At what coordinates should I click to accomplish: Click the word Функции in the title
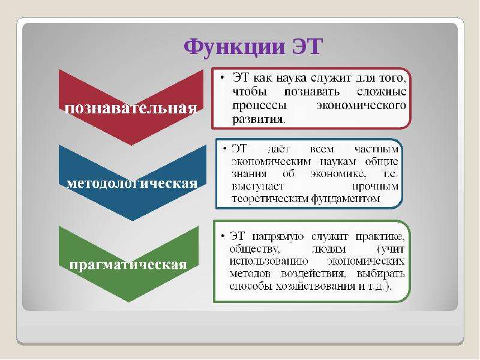click(234, 47)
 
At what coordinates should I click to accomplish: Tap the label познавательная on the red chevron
click(131, 109)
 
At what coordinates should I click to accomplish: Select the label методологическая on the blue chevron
click(132, 184)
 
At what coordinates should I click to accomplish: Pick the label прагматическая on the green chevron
click(128, 265)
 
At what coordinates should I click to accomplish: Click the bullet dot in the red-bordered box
click(223, 78)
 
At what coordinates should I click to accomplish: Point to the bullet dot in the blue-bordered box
click(226, 149)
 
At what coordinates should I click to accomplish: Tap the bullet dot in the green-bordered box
click(223, 236)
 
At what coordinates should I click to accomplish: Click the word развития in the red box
click(257, 119)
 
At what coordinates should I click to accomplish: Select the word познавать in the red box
click(311, 92)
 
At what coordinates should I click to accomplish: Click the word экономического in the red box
click(361, 106)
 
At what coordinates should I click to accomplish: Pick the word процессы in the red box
click(259, 106)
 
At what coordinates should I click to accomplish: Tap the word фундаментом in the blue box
click(346, 199)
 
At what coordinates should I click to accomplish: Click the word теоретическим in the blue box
click(271, 199)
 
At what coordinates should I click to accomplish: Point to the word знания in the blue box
click(249, 174)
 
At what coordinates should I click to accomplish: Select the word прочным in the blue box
click(376, 187)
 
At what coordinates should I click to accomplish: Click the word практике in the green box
click(380, 236)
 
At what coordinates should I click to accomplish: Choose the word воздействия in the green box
click(313, 274)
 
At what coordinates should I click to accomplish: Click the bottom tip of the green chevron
click(128, 302)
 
